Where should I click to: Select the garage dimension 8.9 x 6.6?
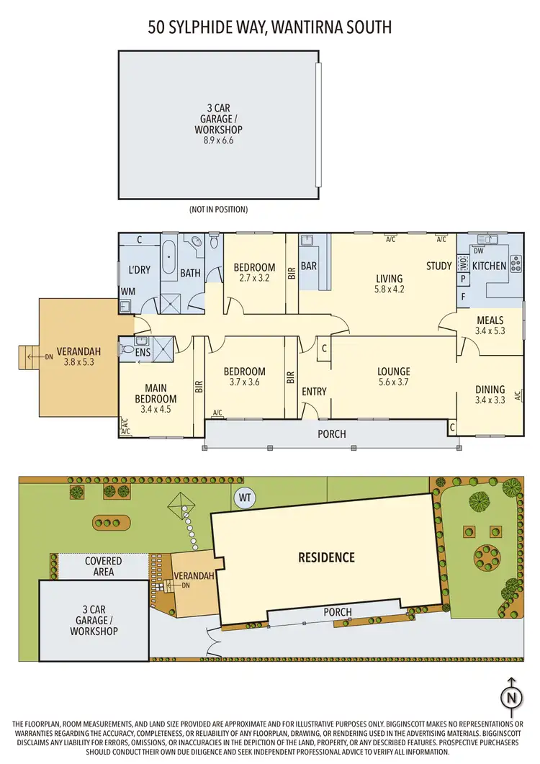click(218, 141)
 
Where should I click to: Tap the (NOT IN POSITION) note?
click(218, 210)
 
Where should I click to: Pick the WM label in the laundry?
click(127, 291)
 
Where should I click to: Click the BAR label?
click(309, 266)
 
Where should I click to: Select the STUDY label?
click(438, 266)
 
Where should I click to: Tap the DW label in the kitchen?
click(477, 250)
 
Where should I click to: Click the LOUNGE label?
click(394, 372)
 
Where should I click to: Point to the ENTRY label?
click(314, 392)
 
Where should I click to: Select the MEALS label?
click(490, 320)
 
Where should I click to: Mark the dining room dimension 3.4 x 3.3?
click(490, 400)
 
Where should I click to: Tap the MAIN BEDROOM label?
click(156, 393)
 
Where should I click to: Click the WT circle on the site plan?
click(245, 497)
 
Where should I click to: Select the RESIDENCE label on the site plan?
click(327, 557)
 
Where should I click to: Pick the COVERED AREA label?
click(103, 566)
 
